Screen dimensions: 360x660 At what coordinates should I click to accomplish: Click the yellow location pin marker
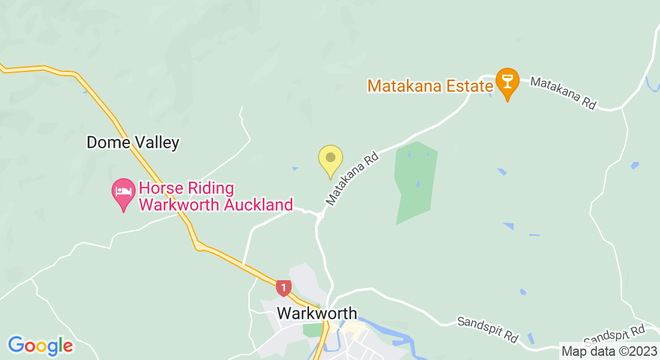click(x=330, y=159)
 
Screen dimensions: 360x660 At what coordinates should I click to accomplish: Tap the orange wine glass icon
click(x=508, y=82)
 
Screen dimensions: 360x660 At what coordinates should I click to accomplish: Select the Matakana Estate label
click(x=430, y=85)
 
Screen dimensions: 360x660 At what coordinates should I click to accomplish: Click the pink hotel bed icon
click(x=124, y=193)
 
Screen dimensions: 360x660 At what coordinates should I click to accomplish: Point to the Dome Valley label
click(x=133, y=143)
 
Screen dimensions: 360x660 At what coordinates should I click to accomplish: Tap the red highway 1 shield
click(x=284, y=287)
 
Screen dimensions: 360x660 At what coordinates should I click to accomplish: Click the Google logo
click(x=40, y=346)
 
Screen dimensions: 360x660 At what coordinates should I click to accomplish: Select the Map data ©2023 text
click(x=608, y=350)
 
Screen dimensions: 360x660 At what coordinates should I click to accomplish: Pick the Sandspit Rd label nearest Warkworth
click(x=487, y=329)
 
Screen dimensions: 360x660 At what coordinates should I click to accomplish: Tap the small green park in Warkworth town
click(x=312, y=329)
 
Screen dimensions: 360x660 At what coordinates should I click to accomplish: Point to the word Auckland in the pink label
click(x=251, y=205)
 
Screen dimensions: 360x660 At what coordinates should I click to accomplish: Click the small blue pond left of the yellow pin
click(x=295, y=169)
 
